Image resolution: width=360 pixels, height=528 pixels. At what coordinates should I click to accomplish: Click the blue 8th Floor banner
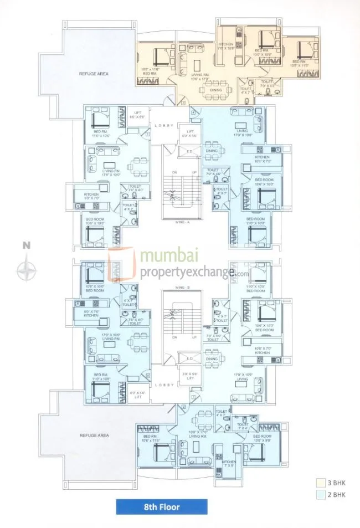(x=162, y=506)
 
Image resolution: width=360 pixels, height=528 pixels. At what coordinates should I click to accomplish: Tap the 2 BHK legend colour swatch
(x=320, y=494)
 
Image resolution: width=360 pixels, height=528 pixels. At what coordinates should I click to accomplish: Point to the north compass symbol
(x=26, y=270)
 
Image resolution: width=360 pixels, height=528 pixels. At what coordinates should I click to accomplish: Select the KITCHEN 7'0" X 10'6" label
(x=225, y=46)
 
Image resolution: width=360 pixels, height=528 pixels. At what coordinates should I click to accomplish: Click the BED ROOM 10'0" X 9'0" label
(x=263, y=438)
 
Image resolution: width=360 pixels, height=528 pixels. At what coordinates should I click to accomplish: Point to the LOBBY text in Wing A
(x=166, y=125)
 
